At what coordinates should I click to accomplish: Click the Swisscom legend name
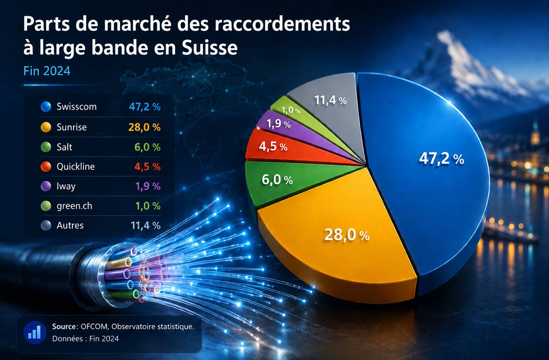click(x=77, y=107)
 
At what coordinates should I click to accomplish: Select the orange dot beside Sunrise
click(x=46, y=127)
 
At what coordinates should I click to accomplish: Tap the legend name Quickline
click(x=75, y=167)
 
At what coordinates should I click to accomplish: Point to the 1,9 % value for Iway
click(x=148, y=187)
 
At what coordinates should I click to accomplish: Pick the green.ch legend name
click(x=74, y=206)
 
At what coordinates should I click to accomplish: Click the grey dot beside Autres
click(x=46, y=225)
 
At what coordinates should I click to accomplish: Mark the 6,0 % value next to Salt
click(x=148, y=147)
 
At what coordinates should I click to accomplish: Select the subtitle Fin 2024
click(x=47, y=71)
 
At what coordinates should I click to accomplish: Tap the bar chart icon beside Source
click(x=35, y=332)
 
